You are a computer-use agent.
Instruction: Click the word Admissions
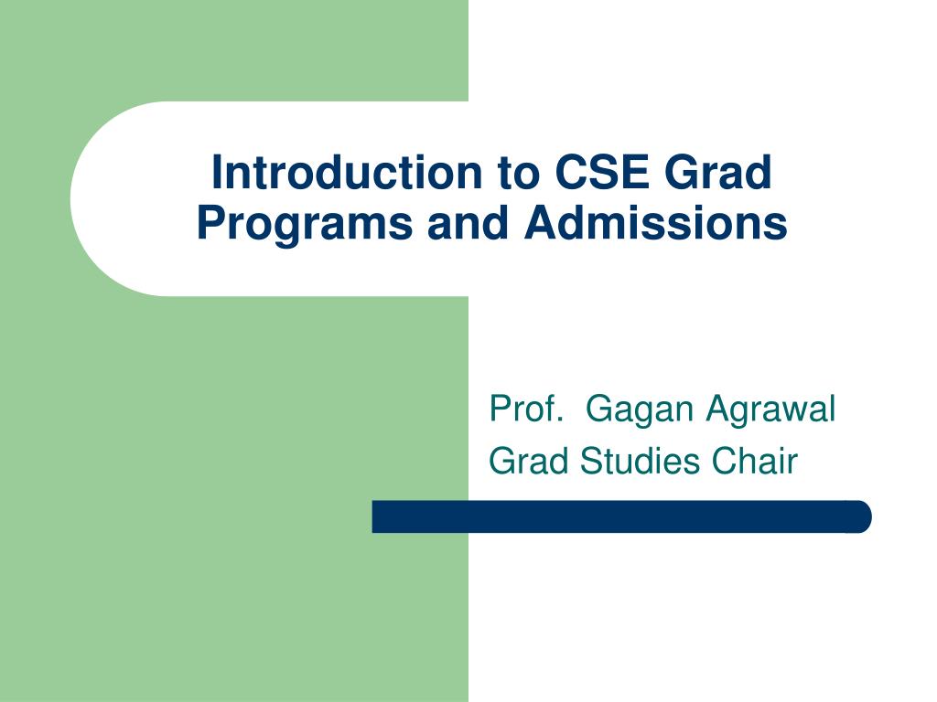[x=655, y=223]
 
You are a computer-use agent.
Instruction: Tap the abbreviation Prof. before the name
[x=524, y=409]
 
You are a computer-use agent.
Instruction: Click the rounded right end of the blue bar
[x=863, y=516]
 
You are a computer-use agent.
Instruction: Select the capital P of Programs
[x=208, y=223]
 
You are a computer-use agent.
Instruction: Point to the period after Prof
[x=557, y=420]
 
